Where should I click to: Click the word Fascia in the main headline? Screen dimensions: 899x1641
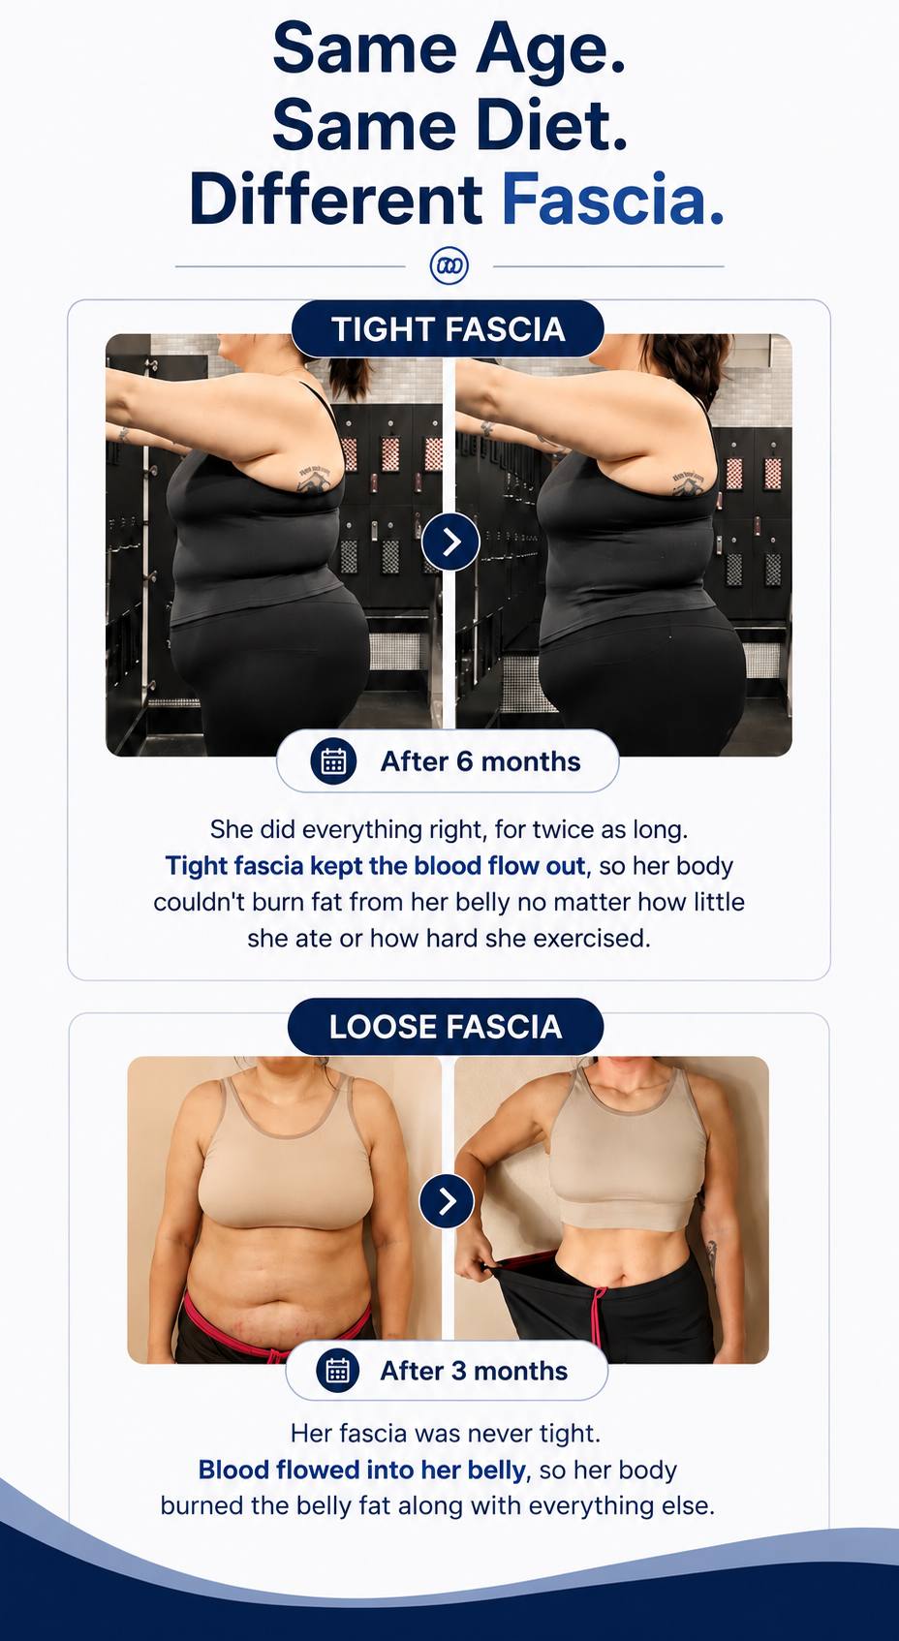coord(612,199)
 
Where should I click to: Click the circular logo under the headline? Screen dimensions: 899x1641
coord(449,265)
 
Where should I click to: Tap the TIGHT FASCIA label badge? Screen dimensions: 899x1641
coord(448,329)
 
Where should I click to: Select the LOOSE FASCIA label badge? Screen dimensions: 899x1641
coord(446,1027)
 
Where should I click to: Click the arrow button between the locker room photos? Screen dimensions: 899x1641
coord(450,542)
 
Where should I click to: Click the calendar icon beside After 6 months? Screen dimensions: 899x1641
coord(333,761)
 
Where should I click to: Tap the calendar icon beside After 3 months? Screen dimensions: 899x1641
coord(337,1370)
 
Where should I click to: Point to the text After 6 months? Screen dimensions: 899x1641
coord(480,761)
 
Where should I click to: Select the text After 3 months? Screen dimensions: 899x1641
coord(474,1371)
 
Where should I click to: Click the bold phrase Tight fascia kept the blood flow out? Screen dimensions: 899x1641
coord(375,866)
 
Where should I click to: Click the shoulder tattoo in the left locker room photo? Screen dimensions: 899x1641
coord(314,477)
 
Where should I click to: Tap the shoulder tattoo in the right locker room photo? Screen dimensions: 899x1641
coord(688,483)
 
